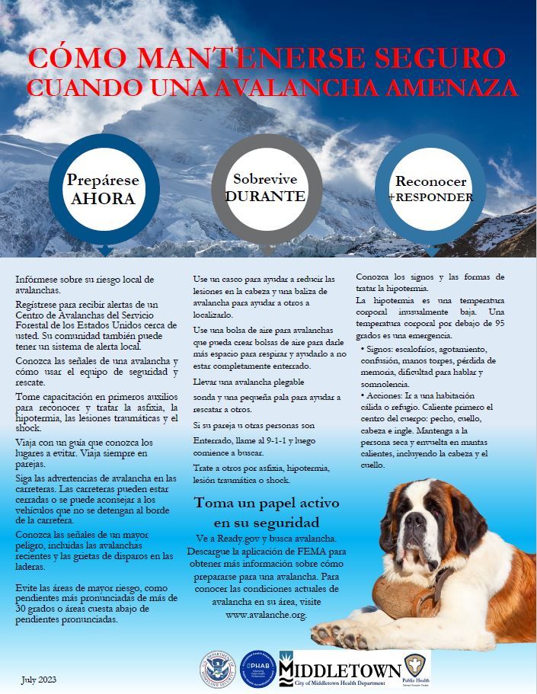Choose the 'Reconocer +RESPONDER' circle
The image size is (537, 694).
(x=430, y=189)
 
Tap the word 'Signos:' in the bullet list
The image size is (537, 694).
(x=385, y=347)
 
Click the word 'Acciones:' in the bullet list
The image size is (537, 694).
(x=388, y=396)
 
